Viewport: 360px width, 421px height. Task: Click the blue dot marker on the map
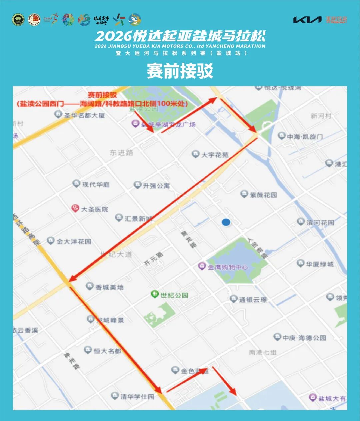pyautogui.click(x=226, y=222)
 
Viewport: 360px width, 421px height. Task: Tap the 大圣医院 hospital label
pyautogui.click(x=95, y=209)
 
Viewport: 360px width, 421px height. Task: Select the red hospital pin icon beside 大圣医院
pyautogui.click(x=75, y=208)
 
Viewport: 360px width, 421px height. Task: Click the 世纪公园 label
pyautogui.click(x=174, y=295)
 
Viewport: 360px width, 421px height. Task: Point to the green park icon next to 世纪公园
pyautogui.click(x=154, y=294)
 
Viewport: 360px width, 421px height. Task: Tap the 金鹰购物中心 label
pyautogui.click(x=228, y=267)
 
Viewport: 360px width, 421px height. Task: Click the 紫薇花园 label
pyautogui.click(x=263, y=195)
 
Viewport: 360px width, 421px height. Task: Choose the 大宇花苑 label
pyautogui.click(x=215, y=155)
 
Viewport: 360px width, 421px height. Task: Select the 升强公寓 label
pyautogui.click(x=156, y=185)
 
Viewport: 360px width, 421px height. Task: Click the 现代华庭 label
pyautogui.click(x=96, y=184)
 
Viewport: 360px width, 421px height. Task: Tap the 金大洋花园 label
pyautogui.click(x=74, y=242)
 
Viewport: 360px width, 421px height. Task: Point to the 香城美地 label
pyautogui.click(x=109, y=287)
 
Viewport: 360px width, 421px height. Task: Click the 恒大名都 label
pyautogui.click(x=107, y=351)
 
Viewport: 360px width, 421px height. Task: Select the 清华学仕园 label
pyautogui.click(x=137, y=397)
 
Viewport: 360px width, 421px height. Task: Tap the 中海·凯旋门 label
pyautogui.click(x=305, y=137)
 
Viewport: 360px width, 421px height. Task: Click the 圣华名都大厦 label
pyautogui.click(x=85, y=115)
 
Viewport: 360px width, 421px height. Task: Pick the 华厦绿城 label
pyautogui.click(x=320, y=264)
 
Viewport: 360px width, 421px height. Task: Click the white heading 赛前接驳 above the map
pyautogui.click(x=180, y=71)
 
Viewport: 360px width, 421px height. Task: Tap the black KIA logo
pyautogui.click(x=307, y=20)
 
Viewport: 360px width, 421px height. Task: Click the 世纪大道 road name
pyautogui.click(x=116, y=255)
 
